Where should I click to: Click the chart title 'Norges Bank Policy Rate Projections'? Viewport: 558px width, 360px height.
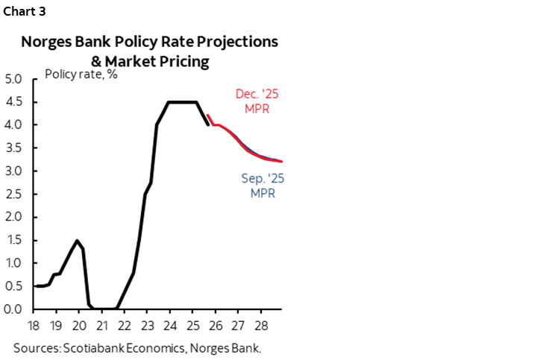click(x=149, y=42)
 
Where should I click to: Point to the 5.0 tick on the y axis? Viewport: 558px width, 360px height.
click(x=15, y=78)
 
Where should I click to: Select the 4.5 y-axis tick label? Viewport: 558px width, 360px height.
click(x=15, y=102)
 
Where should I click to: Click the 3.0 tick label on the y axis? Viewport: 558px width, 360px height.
click(x=15, y=171)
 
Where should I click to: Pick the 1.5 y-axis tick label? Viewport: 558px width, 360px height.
click(x=15, y=240)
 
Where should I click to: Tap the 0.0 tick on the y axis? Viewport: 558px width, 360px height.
click(x=15, y=309)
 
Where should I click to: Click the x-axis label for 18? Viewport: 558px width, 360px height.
click(x=34, y=326)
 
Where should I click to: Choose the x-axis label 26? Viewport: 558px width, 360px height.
click(x=215, y=326)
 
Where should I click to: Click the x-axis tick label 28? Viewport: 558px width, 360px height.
click(x=260, y=326)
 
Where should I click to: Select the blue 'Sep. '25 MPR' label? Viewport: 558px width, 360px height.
click(x=263, y=186)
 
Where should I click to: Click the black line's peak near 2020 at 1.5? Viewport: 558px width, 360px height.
click(x=77, y=240)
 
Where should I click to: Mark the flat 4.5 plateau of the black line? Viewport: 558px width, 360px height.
click(x=181, y=102)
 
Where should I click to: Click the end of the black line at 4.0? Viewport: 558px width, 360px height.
click(x=208, y=124)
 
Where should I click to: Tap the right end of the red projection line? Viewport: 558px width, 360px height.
click(x=281, y=161)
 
